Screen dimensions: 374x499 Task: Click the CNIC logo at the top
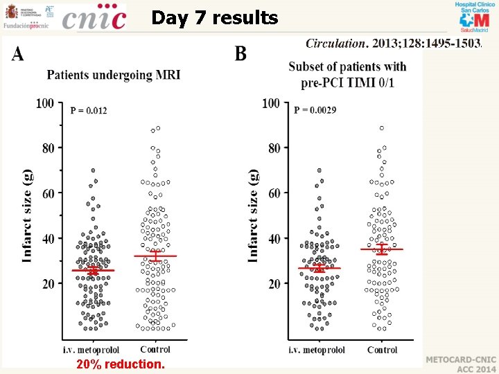[x=94, y=17]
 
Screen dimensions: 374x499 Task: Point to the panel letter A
[x=18, y=54]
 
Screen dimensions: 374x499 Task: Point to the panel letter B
[x=240, y=54]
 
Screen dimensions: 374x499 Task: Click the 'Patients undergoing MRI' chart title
[x=114, y=74]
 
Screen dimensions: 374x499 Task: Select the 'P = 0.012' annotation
[x=89, y=109]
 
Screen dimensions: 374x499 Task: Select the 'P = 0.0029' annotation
[x=315, y=109]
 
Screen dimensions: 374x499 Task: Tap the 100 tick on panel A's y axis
[x=45, y=103]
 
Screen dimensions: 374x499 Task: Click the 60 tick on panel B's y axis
[x=272, y=193]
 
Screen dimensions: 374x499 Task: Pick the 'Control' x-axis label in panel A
[x=155, y=350]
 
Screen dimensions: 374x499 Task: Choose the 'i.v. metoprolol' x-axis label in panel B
[x=319, y=350]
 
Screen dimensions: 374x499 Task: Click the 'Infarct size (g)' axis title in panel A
[x=28, y=216]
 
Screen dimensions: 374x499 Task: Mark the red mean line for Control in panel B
[x=382, y=249]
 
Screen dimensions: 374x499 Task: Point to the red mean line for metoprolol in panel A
[x=93, y=270]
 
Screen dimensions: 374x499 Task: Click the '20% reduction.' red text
[x=121, y=364]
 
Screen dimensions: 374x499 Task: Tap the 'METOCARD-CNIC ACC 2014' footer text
[x=460, y=365]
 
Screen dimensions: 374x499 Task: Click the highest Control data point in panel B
[x=382, y=128]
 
